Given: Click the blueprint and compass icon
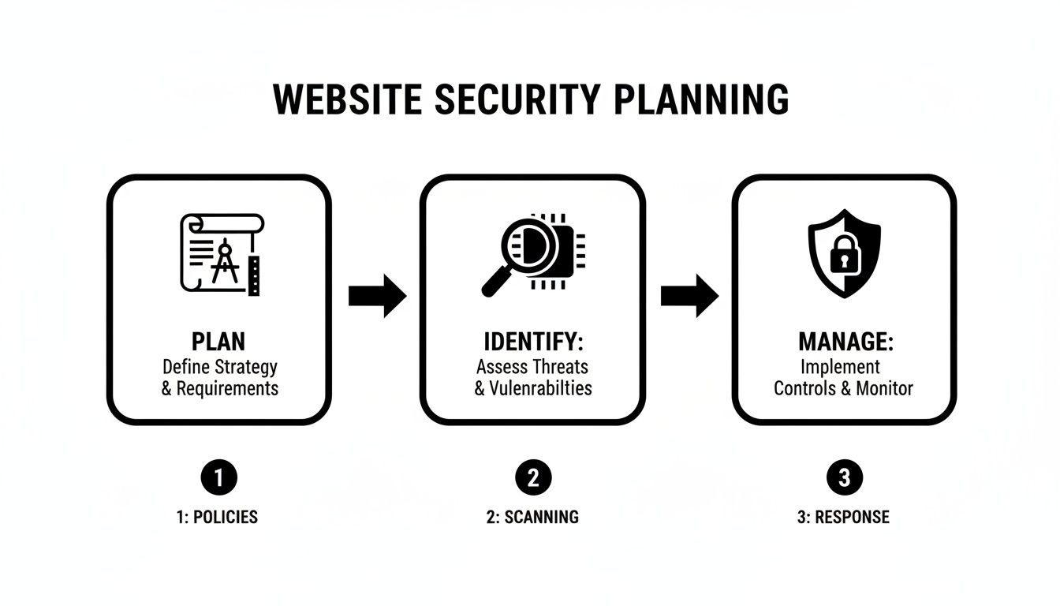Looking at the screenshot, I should tap(220, 254).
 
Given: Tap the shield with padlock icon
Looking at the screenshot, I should tap(844, 254).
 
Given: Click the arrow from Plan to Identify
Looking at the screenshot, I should tap(377, 296).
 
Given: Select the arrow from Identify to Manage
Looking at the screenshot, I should tap(689, 296).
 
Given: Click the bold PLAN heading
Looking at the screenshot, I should tap(218, 342).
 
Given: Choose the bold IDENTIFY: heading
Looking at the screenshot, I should tap(532, 342).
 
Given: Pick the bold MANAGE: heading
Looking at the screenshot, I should tap(845, 342).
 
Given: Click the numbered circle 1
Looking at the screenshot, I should tap(218, 477).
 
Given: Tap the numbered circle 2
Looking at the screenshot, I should tap(532, 477).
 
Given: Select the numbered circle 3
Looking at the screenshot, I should tap(844, 477).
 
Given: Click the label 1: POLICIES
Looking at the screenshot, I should tap(217, 518).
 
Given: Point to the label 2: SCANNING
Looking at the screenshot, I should tap(532, 518).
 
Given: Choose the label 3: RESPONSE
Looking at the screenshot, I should tap(844, 518).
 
